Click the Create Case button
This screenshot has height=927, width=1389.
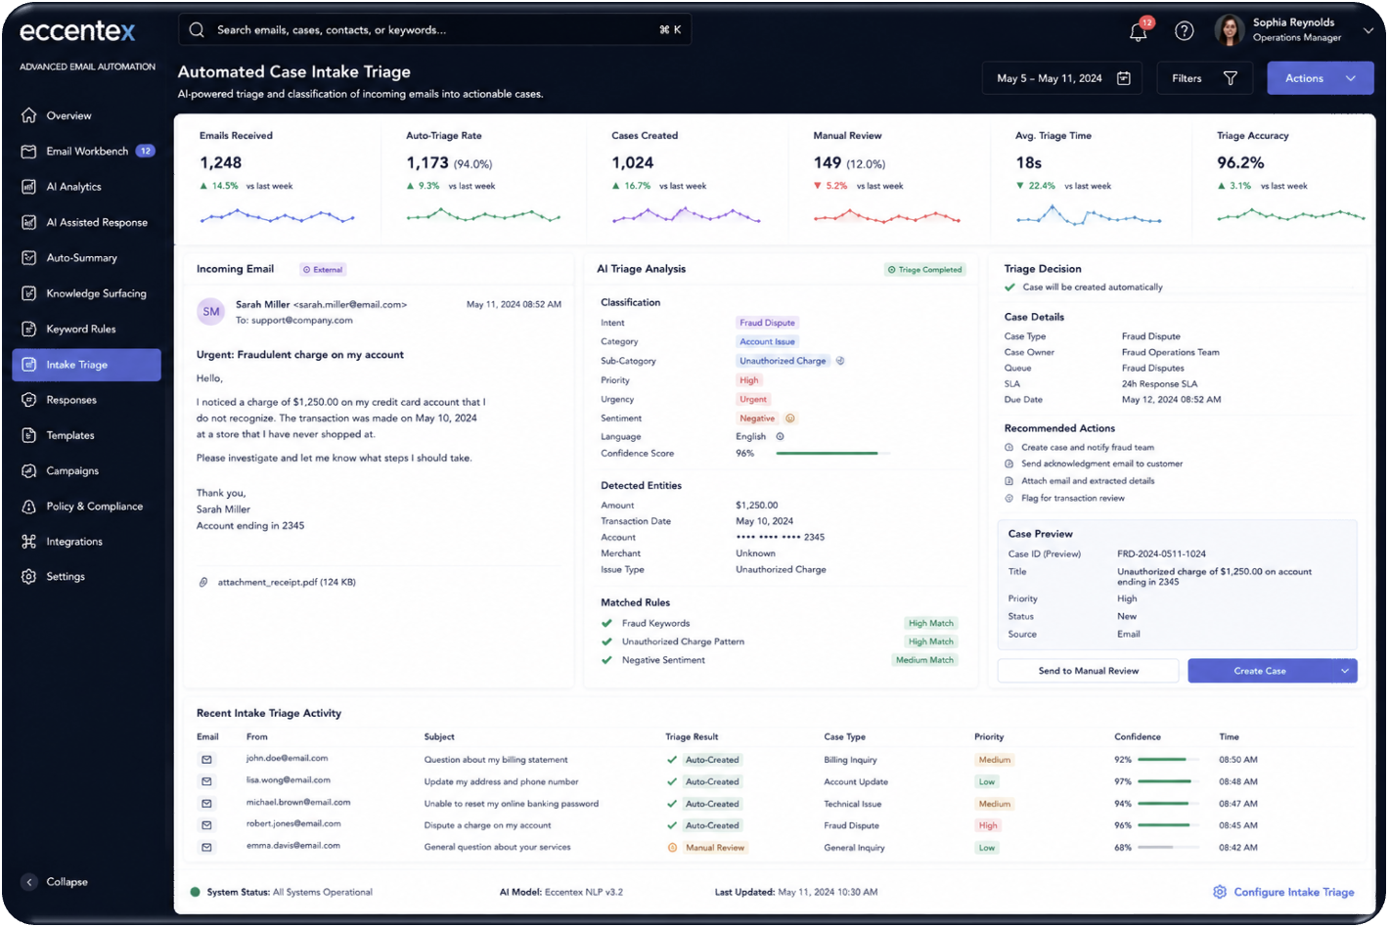click(x=1260, y=670)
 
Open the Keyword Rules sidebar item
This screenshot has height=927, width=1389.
click(x=80, y=329)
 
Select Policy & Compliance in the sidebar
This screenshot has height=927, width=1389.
click(x=94, y=506)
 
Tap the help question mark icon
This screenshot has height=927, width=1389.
click(x=1184, y=31)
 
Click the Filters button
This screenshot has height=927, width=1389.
click(x=1204, y=78)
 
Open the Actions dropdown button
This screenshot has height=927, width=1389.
click(x=1320, y=78)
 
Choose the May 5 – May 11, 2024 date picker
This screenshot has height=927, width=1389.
click(x=1061, y=78)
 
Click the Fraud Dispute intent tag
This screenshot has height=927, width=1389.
click(x=767, y=323)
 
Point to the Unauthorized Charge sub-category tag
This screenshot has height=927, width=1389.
click(x=783, y=360)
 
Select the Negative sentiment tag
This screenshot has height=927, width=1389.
click(x=756, y=418)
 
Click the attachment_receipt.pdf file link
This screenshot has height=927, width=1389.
click(x=287, y=582)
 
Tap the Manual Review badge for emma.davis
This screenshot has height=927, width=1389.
click(x=715, y=847)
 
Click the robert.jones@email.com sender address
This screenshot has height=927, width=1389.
click(x=293, y=823)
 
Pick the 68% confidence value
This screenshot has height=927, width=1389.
click(x=1122, y=847)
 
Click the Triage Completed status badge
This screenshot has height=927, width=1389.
click(x=924, y=269)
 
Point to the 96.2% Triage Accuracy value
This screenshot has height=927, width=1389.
click(x=1240, y=162)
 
